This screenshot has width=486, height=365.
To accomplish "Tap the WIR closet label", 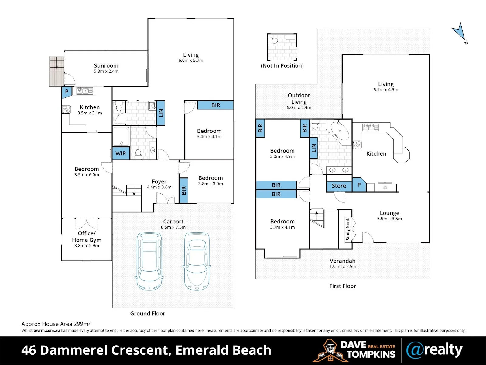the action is [121, 153].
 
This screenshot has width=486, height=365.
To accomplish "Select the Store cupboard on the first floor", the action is [339, 186].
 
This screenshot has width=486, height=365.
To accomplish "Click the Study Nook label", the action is [347, 229].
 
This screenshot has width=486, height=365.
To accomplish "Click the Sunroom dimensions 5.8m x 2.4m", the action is [106, 71].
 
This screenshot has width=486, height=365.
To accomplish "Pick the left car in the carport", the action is [149, 261].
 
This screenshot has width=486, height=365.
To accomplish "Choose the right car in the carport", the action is [197, 261].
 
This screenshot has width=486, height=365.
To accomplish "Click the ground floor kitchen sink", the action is [84, 91].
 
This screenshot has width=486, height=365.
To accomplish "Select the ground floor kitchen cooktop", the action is [66, 109].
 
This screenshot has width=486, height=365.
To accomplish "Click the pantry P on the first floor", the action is [359, 185].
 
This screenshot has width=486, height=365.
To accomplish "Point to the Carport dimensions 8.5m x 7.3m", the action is [173, 227].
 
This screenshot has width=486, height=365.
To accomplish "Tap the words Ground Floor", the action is [148, 314].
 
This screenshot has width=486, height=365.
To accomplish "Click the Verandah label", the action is [343, 261].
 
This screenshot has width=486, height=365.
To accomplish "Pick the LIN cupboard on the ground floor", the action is [161, 113].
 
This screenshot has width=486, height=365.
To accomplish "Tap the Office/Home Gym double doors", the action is [87, 224].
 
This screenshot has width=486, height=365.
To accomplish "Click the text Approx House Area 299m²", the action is [56, 324].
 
